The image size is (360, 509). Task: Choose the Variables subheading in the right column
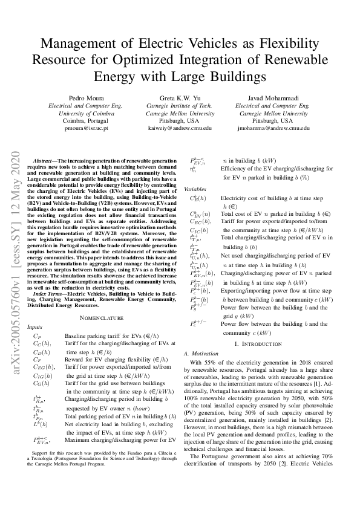tap(195, 189)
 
